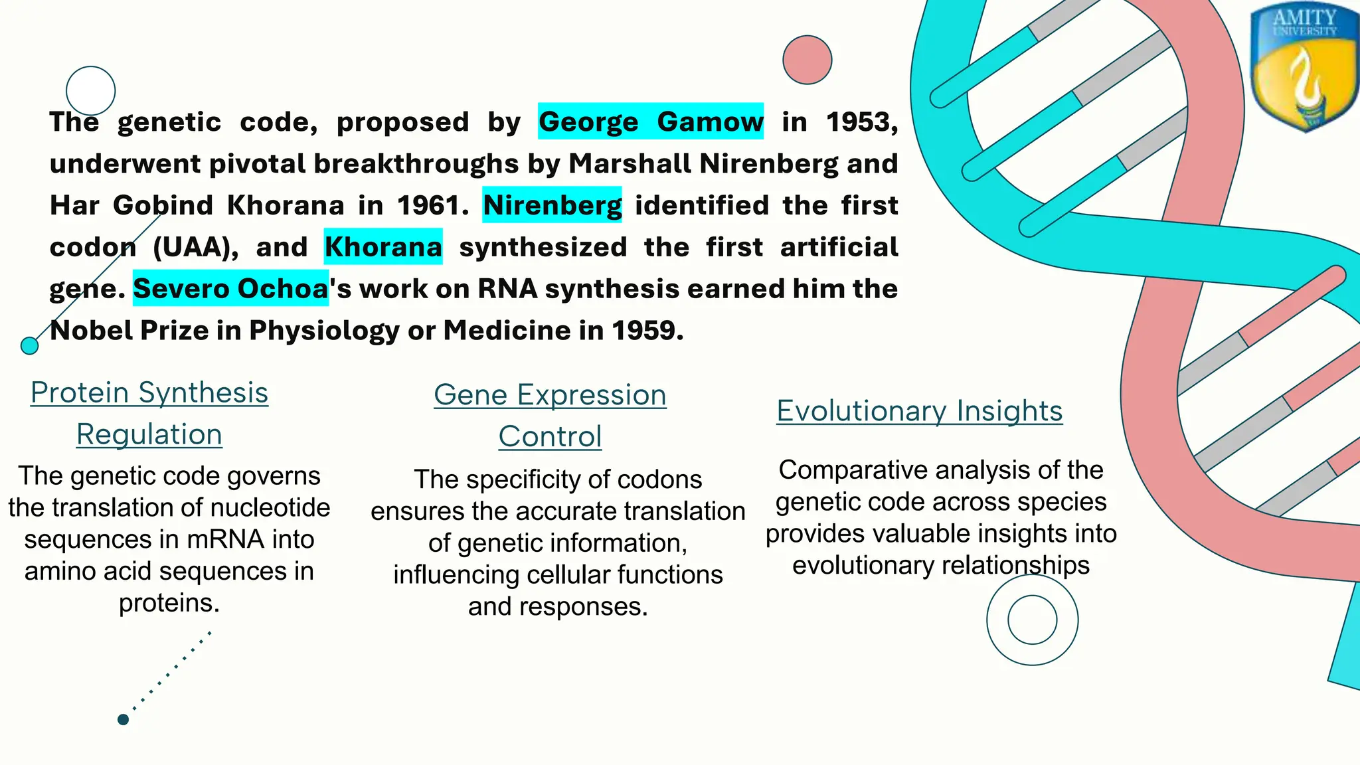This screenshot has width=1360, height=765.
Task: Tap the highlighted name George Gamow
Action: pos(650,122)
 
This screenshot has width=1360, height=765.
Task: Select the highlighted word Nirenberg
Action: pos(552,205)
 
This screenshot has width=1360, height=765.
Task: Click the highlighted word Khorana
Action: pos(383,247)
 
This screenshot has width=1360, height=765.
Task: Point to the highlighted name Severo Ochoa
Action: pos(230,288)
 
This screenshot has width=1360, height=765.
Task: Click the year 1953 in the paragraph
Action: pos(861,122)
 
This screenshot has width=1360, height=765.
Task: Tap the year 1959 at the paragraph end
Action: pos(646,330)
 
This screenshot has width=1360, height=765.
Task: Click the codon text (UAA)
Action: pos(195,247)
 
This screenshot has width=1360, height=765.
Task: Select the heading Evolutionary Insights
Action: pos(919,410)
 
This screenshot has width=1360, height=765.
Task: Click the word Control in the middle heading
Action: pos(550,436)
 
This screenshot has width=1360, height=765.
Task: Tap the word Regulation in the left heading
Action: pos(149,434)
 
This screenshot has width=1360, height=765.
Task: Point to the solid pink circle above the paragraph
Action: pos(807,60)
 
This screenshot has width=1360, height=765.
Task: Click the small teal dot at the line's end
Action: pos(29,345)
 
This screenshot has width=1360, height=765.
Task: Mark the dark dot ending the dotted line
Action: pos(123,719)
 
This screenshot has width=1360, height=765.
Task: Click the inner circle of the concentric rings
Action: pos(1032,620)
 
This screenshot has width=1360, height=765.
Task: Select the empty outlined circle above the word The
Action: pos(91,91)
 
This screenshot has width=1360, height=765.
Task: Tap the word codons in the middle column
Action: pos(660,479)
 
